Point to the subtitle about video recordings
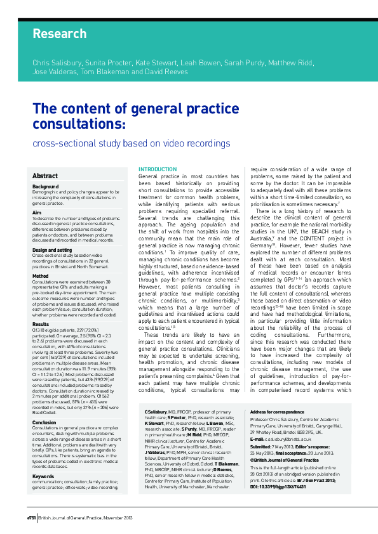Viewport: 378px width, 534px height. coord(132,144)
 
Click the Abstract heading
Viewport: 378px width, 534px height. coord(45,176)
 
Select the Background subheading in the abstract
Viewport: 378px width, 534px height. coord(46,187)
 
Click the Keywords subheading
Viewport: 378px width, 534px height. coord(43,457)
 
